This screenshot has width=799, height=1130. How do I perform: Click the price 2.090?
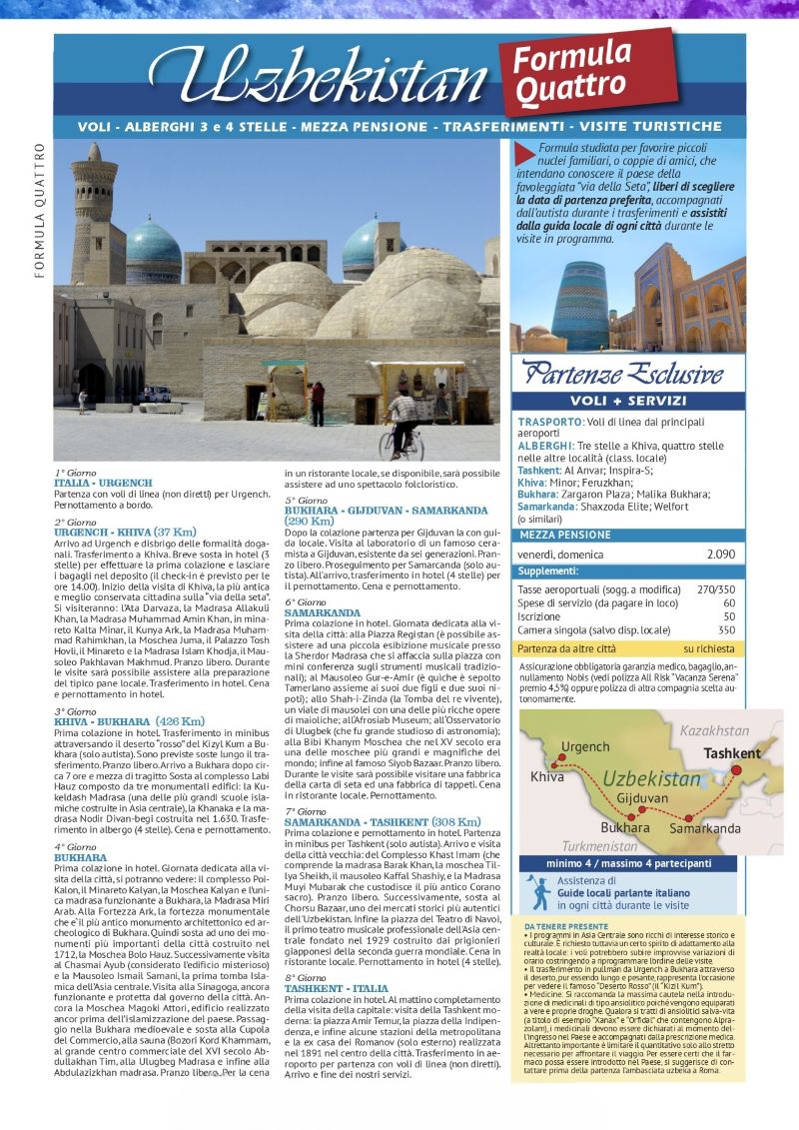point(720,554)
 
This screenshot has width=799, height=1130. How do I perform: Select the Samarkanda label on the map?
point(705,828)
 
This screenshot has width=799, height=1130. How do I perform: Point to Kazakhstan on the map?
point(714,731)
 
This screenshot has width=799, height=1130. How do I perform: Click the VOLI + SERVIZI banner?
point(628,401)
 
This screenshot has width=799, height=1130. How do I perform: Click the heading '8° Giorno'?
point(306,977)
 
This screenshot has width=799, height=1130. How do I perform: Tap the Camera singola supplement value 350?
point(726,630)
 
